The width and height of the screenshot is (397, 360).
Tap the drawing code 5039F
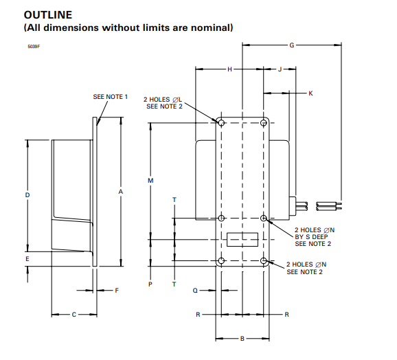(x=34, y=46)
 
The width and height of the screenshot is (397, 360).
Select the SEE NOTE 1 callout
(x=111, y=97)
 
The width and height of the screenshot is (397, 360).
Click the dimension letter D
(x=27, y=195)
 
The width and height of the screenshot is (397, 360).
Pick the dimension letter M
(x=150, y=180)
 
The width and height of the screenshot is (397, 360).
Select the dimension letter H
(x=229, y=69)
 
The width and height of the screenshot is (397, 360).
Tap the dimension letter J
(x=280, y=69)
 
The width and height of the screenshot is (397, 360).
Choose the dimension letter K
(x=310, y=92)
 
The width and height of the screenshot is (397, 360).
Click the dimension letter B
(x=242, y=339)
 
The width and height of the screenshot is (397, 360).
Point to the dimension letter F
(x=117, y=291)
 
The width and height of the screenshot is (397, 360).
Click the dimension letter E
(x=27, y=259)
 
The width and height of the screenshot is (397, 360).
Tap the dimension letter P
(x=150, y=283)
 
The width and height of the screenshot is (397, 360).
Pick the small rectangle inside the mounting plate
(x=242, y=239)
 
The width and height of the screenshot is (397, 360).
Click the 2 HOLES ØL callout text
(x=163, y=99)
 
